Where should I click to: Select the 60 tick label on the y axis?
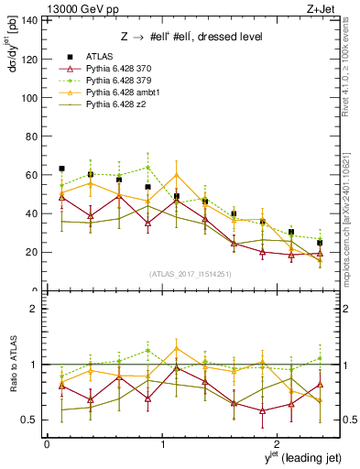[33, 175]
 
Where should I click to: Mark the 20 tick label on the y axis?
[33, 252]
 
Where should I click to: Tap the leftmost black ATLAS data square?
[61, 169]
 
